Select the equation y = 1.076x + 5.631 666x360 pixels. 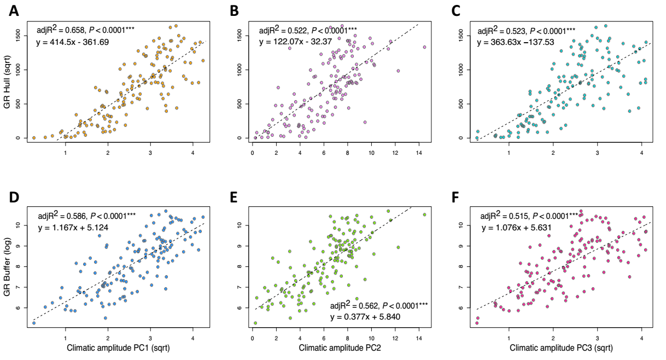[515, 228]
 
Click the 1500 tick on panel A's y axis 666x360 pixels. [18, 36]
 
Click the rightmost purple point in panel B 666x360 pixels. [424, 47]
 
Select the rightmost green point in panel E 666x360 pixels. [424, 214]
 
